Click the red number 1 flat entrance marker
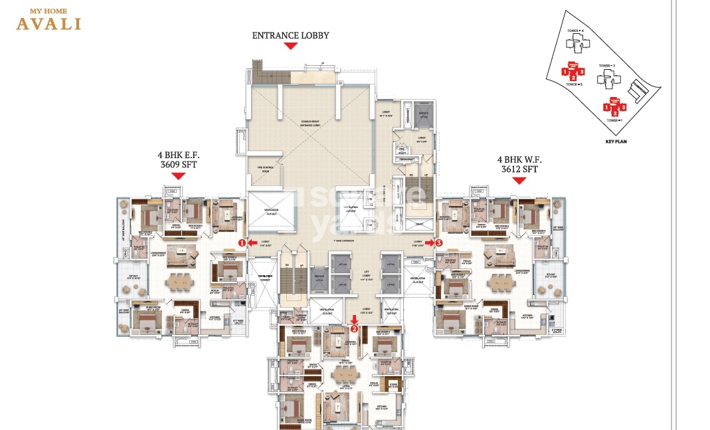pos(242,243)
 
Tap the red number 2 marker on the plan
pos(354,328)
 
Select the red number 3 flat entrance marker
pos(439,243)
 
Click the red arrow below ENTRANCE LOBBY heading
pos(290,46)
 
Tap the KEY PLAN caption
pos(616,142)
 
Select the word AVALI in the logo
pos(49,24)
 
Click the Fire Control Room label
pos(262,169)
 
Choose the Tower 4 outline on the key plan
pos(575,44)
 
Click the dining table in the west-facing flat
pos(500,281)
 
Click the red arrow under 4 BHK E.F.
pos(178,176)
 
